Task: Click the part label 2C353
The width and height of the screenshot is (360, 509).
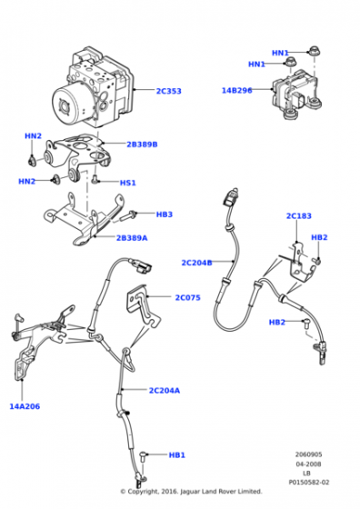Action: pos(168,91)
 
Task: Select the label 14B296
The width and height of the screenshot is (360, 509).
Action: pos(236,91)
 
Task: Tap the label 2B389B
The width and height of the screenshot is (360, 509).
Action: pos(142,145)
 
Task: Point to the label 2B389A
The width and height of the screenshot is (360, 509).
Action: pos(132,238)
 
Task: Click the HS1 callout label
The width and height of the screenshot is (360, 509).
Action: pos(128,183)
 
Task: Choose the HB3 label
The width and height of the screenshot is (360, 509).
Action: pos(165,215)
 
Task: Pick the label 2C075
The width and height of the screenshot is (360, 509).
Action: pos(187,298)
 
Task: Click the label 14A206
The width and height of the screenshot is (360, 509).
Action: pos(25,406)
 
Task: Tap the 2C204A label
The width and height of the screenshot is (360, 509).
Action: pos(165,391)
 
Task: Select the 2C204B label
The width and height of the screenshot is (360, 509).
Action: pos(196,263)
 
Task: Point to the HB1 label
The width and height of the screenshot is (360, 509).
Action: pos(177,455)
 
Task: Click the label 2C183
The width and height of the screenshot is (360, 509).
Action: pos(299,216)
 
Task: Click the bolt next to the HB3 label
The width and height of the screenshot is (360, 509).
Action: pos(128,215)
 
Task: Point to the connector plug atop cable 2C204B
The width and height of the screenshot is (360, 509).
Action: pos(231,197)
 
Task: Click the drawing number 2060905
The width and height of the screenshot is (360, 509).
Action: pos(308,454)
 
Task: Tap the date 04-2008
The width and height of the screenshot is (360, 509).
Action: pos(308,464)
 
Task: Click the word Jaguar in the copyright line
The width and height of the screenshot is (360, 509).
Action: pos(190,492)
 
